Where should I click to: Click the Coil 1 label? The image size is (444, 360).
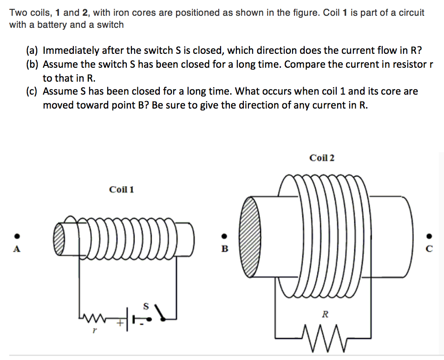point(121,189)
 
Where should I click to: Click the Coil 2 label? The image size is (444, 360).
point(321,158)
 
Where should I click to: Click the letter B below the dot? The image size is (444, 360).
point(224,249)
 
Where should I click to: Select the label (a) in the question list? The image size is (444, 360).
point(33,51)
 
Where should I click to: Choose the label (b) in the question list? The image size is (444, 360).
point(33,64)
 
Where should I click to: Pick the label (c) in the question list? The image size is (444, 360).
point(33,91)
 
